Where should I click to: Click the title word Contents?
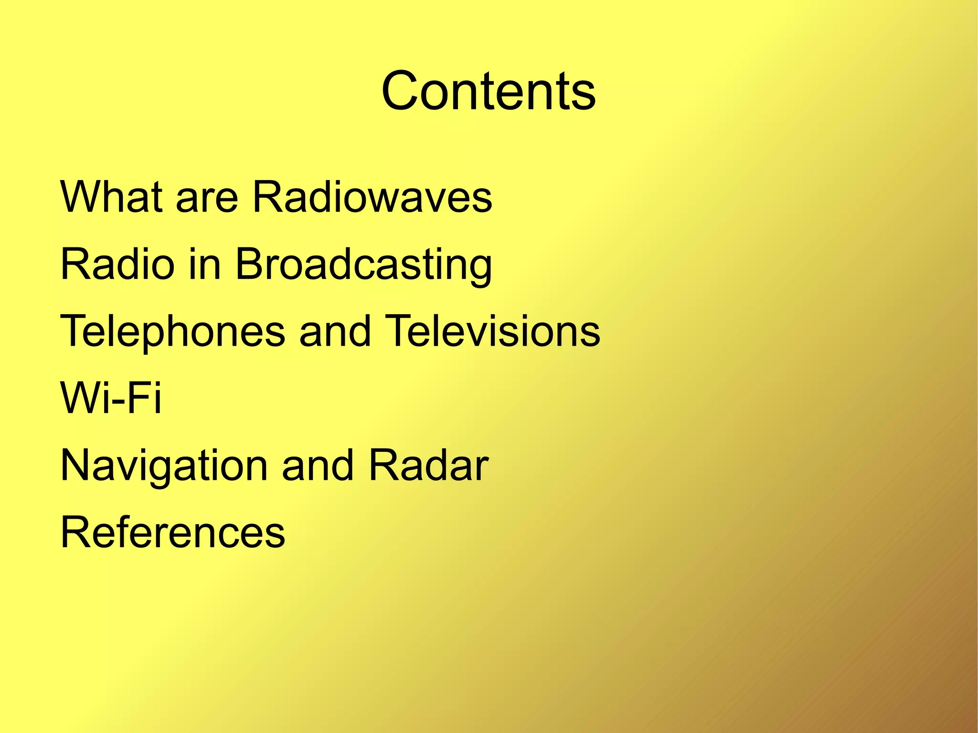click(488, 91)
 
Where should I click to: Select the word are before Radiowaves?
click(207, 200)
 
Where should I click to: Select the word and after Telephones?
click(335, 330)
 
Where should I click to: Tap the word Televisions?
click(492, 330)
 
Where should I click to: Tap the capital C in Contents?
click(403, 91)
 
